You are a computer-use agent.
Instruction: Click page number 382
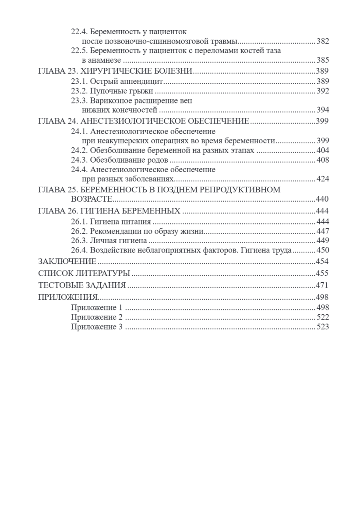(322, 42)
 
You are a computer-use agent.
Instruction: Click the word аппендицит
(145, 81)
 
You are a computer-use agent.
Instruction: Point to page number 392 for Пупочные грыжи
(322, 91)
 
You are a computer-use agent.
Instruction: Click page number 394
(322, 110)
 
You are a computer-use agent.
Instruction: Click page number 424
(322, 179)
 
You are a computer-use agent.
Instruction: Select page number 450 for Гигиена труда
(322, 250)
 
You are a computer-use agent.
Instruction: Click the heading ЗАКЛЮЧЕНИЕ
(67, 262)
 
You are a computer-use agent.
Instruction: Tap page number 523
(322, 327)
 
